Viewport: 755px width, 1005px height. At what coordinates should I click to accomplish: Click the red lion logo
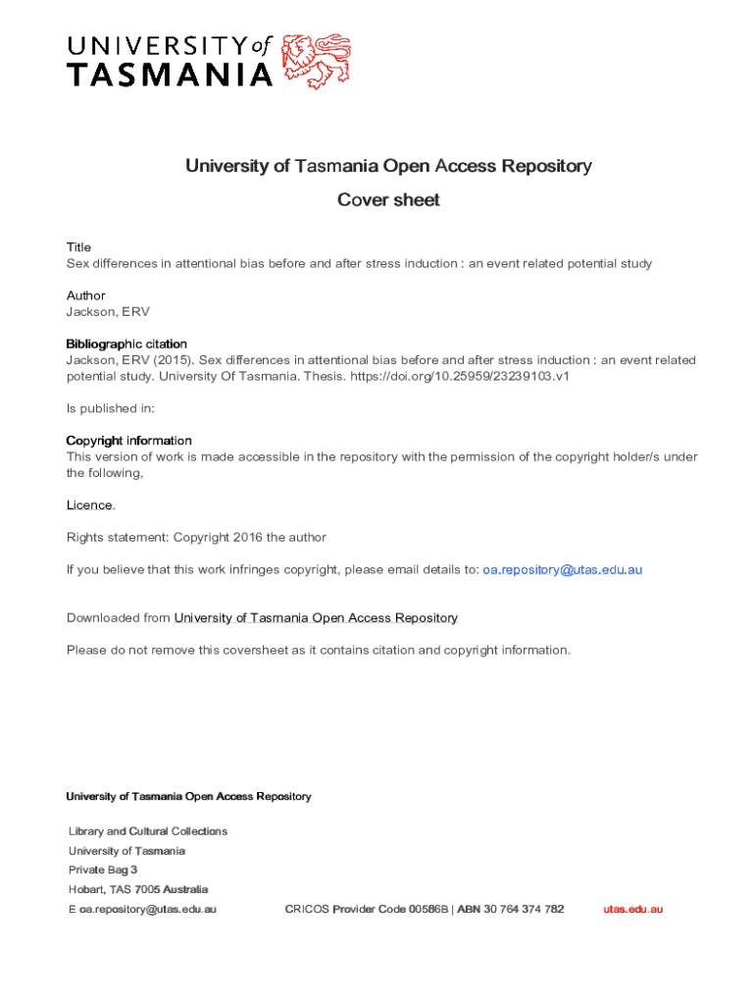315,61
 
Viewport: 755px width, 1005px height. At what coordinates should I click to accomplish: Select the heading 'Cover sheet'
388,200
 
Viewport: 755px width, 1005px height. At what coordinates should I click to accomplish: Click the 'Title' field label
78,247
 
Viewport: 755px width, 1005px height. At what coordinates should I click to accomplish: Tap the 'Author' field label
85,295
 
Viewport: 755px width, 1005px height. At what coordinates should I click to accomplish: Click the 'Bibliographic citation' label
126,344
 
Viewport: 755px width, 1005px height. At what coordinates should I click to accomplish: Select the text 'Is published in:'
110,408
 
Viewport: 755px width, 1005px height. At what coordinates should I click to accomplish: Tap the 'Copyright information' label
128,441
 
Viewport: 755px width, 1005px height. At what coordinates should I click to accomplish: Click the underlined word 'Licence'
89,504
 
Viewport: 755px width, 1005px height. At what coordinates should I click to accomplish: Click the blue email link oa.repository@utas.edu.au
563,569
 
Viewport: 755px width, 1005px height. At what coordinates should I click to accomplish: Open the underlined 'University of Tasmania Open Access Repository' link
316,617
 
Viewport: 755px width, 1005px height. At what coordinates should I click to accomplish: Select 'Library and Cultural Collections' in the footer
148,831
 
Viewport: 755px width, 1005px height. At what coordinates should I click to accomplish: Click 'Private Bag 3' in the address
103,870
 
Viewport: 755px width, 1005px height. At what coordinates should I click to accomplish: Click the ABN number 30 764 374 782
524,909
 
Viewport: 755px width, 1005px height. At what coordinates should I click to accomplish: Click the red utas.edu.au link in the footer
632,909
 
